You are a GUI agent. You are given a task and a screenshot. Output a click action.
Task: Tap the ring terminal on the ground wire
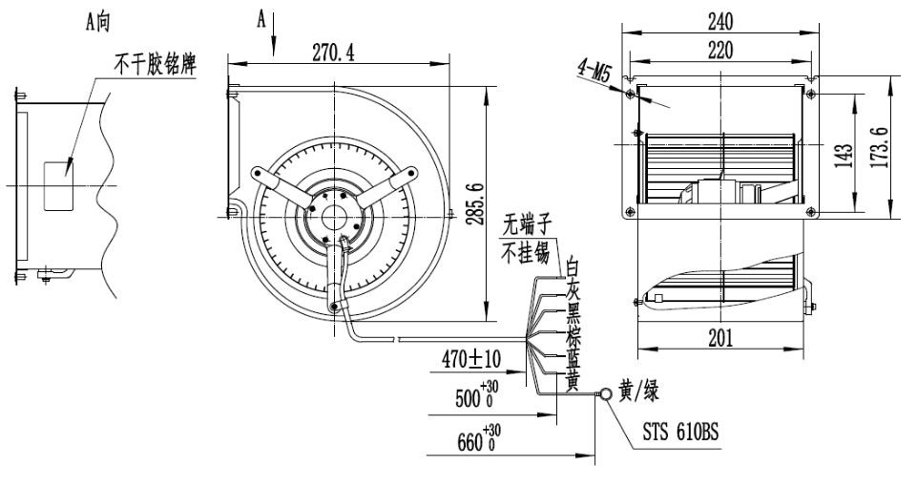604,392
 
